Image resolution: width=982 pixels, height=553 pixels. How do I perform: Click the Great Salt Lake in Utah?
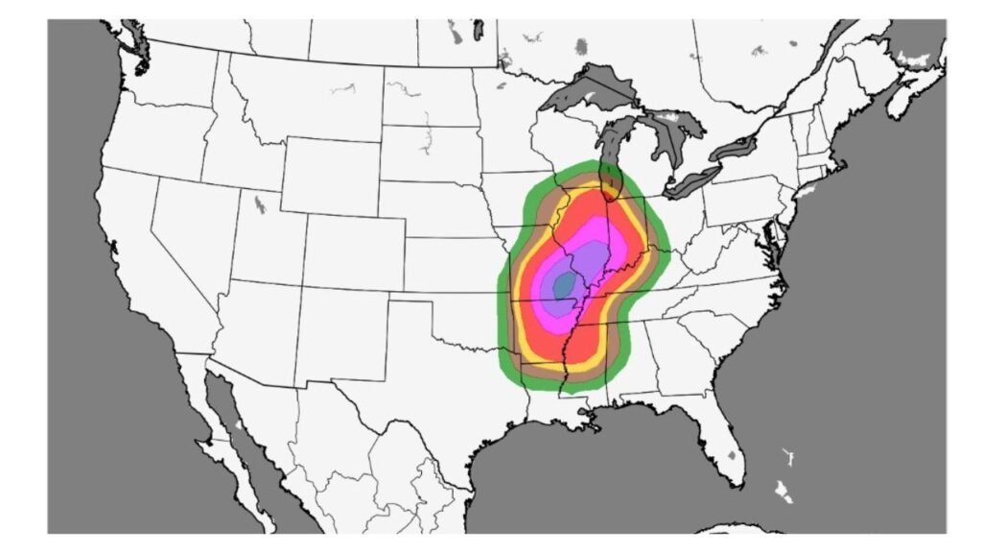point(260,204)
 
